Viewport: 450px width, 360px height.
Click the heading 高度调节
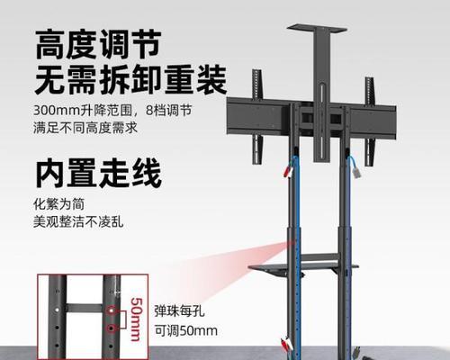[98, 44]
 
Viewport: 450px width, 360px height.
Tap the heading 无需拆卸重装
[130, 80]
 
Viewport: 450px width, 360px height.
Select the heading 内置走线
[99, 174]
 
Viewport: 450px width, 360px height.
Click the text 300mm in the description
[57, 110]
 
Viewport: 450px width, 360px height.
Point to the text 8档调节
[169, 110]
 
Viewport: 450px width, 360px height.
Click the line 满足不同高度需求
[85, 128]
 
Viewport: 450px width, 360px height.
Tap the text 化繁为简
[59, 204]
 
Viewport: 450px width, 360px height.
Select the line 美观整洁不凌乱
[78, 222]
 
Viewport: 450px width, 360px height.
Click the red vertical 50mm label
[136, 319]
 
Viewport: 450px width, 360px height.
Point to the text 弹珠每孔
[179, 310]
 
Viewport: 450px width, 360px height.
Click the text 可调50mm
[186, 330]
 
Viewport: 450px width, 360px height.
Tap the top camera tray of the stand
[317, 29]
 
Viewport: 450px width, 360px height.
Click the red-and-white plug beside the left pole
[288, 172]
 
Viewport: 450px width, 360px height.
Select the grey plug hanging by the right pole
[355, 171]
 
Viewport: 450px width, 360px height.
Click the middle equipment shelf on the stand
[303, 266]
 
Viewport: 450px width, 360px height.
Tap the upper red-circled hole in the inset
[112, 310]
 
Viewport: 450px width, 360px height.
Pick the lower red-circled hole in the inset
[112, 328]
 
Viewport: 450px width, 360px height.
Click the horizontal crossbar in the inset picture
[85, 309]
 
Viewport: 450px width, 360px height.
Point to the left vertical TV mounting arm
[257, 117]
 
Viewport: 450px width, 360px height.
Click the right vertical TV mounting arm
[370, 121]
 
